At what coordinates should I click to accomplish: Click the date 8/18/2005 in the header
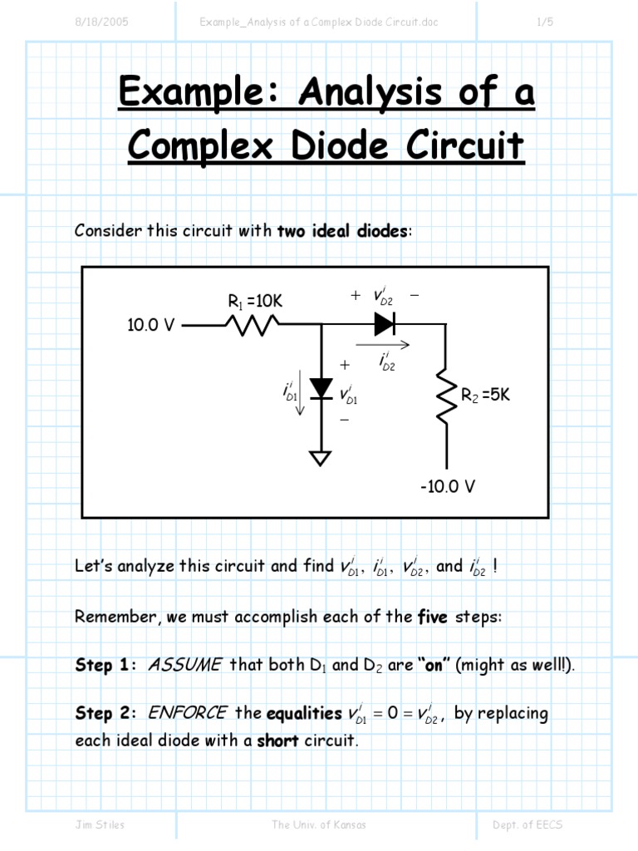point(101,22)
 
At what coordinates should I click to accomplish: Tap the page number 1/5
point(545,22)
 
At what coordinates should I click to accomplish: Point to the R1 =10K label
point(255,302)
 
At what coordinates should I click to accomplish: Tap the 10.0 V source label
point(150,326)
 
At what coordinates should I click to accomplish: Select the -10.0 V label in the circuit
point(447,486)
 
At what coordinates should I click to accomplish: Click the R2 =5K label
point(485,395)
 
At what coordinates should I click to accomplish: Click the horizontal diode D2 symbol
point(385,326)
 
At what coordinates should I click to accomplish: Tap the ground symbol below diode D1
point(321,458)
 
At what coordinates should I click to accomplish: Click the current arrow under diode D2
point(383,343)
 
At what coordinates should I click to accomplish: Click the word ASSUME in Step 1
point(184,665)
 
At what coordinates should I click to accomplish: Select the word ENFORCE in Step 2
point(188,713)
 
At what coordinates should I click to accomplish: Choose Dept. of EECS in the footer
point(528,825)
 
